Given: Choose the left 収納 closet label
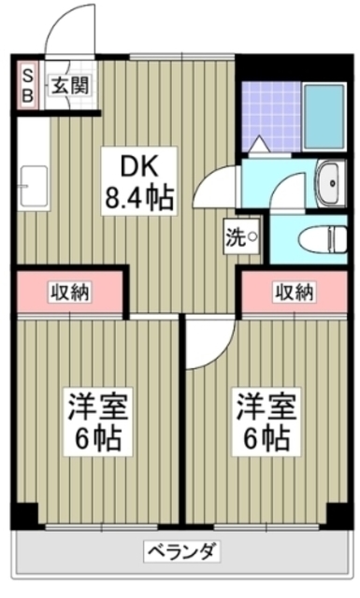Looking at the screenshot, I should (x=69, y=292).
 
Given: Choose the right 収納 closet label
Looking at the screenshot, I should (x=295, y=292).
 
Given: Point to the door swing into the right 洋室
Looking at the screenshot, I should (x=204, y=346).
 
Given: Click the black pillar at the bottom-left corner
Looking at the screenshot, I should (x=26, y=515).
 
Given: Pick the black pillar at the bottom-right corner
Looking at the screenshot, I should (x=336, y=515).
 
